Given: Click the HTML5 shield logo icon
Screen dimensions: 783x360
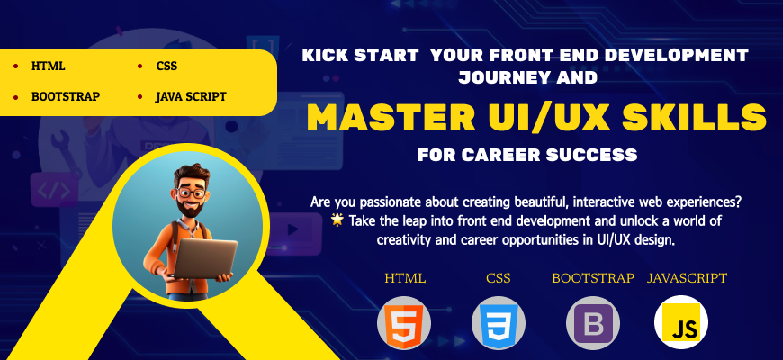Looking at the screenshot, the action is point(403,322).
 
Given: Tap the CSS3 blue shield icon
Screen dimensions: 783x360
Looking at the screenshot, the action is point(498,322).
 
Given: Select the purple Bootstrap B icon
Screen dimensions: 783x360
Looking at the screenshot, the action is point(593,324).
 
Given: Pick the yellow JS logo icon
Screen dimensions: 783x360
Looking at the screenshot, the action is point(680,322).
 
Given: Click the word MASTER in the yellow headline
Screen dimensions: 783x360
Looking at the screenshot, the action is point(391,117).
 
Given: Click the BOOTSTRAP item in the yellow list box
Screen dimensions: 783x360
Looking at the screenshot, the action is point(66,97).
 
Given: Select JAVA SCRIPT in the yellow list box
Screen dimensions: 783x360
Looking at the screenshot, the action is point(191,97).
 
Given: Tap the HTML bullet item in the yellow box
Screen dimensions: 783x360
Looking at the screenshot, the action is point(48,67).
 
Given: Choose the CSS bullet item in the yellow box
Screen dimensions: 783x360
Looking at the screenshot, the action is point(166,67).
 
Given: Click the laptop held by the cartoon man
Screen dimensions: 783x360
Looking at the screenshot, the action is point(203,258).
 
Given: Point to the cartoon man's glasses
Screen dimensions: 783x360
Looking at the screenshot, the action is point(192,193).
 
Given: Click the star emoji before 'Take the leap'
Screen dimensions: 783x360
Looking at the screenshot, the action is point(337,220).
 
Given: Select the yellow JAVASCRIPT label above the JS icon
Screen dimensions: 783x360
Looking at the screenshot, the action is point(687,277).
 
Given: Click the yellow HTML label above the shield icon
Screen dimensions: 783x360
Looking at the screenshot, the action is point(405,278).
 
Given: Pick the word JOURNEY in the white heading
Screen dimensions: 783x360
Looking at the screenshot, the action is point(501,77).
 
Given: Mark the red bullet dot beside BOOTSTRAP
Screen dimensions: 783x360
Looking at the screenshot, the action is point(15,97).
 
